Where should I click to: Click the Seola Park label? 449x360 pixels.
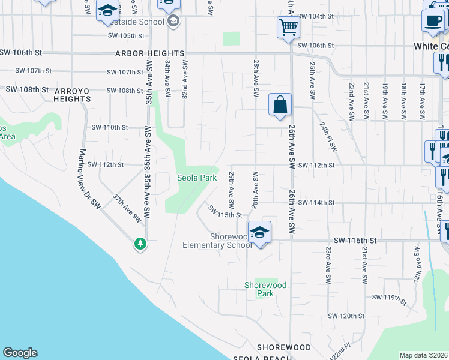click(196, 178)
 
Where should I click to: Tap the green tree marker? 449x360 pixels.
click(140, 244)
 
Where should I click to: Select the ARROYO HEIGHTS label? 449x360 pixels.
click(72, 95)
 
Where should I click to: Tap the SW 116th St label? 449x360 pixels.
click(355, 240)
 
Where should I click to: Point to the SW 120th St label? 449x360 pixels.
click(346, 316)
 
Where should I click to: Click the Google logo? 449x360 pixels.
click(20, 353)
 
